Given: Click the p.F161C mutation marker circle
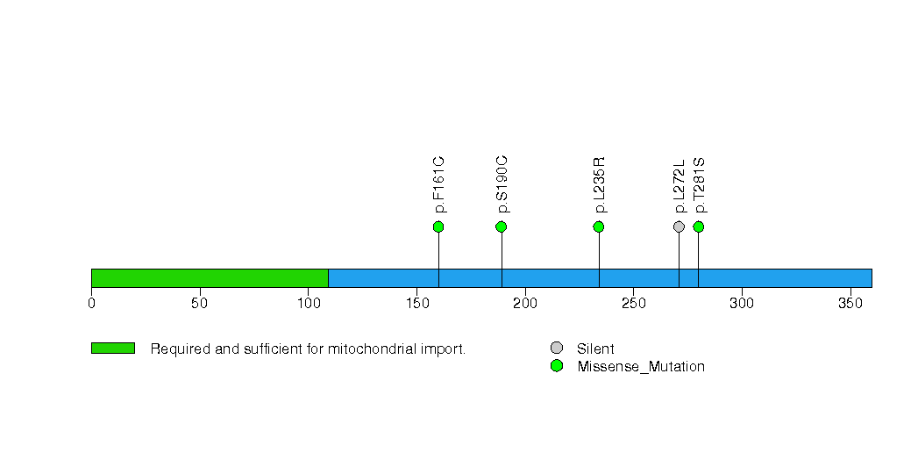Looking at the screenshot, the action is pyautogui.click(x=438, y=226).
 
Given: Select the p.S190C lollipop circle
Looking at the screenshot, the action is pyautogui.click(x=502, y=226).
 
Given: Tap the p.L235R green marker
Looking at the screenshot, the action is pyautogui.click(x=598, y=226).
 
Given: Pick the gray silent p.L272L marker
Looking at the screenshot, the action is pyautogui.click(x=679, y=226).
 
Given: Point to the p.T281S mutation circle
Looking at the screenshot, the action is pyautogui.click(x=699, y=226).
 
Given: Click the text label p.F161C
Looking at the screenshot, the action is pyautogui.click(x=439, y=184).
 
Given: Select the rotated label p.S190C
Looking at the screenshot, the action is pyautogui.click(x=502, y=184).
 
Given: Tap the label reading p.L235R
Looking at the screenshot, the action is pyautogui.click(x=600, y=185).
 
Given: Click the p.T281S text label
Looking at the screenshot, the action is pyautogui.click(x=700, y=185).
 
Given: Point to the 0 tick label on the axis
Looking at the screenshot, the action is pyautogui.click(x=91, y=304).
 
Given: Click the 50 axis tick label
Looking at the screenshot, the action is pyautogui.click(x=200, y=304).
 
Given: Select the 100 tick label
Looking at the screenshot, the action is pyautogui.click(x=309, y=304).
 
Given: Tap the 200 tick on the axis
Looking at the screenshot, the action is pyautogui.click(x=525, y=304).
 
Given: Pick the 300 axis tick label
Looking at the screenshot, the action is pyautogui.click(x=742, y=304).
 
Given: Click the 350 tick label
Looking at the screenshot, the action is pyautogui.click(x=850, y=304).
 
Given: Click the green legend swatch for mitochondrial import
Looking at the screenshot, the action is pyautogui.click(x=113, y=349).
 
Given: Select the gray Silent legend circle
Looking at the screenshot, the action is pyautogui.click(x=557, y=349).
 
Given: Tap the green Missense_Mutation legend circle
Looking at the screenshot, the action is pyautogui.click(x=557, y=366).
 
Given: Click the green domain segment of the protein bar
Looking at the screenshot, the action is pyautogui.click(x=210, y=278).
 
